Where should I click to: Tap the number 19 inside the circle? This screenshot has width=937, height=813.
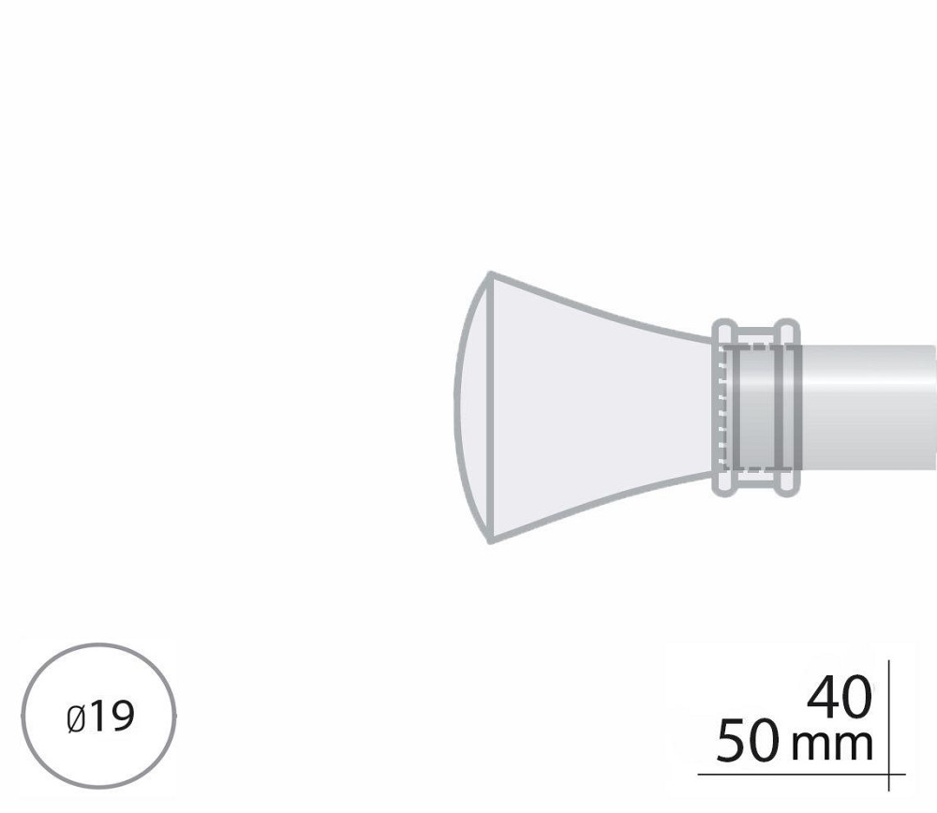tap(112, 717)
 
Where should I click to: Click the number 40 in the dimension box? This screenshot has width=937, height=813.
tap(839, 697)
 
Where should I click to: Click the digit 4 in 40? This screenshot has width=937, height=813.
tap(823, 697)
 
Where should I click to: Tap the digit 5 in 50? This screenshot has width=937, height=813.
tap(732, 741)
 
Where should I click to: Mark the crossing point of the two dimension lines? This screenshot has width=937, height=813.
tap(889, 775)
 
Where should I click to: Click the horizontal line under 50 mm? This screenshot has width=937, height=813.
tap(801, 775)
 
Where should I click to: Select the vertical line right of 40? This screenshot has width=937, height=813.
tap(889, 726)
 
